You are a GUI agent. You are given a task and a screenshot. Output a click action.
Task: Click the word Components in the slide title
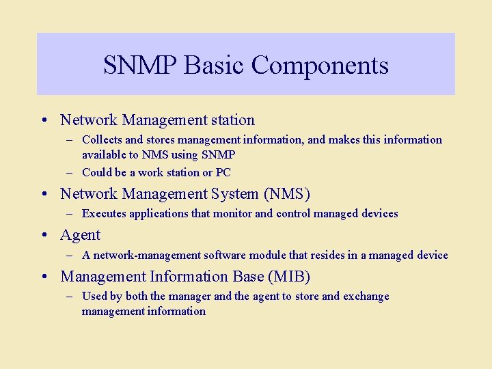tap(320, 66)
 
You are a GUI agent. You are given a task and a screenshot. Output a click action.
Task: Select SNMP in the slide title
tap(140, 66)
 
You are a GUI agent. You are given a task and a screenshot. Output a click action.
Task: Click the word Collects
tap(102, 139)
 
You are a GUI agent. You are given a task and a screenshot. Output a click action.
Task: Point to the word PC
tap(223, 172)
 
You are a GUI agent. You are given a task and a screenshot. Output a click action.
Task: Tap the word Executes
tap(104, 213)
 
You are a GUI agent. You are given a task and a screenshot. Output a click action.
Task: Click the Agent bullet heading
tap(80, 235)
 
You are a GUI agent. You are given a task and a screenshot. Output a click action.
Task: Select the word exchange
tap(366, 296)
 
